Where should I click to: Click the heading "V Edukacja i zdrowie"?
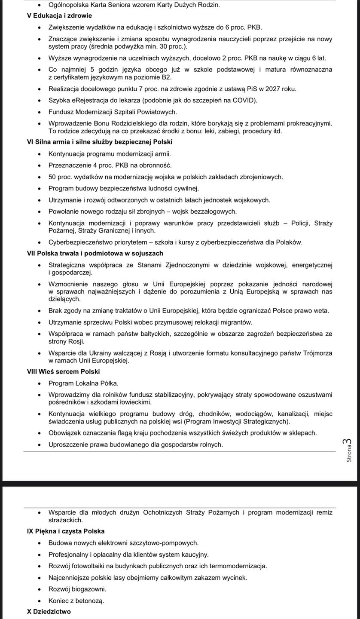click(x=59, y=16)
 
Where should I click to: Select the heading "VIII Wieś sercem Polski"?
click(x=63, y=371)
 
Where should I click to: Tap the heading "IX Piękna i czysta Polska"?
click(x=66, y=531)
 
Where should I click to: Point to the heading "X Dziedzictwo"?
click(x=49, y=612)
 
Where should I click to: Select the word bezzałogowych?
click(x=213, y=211)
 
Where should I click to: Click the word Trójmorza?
click(x=317, y=353)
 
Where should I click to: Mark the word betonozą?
click(x=89, y=601)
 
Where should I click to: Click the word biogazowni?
click(x=88, y=589)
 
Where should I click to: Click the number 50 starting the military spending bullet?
click(x=52, y=177)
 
